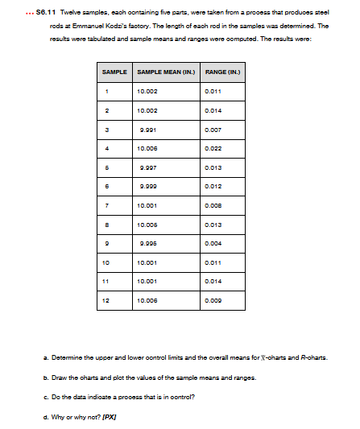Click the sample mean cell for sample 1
[x=148, y=93]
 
